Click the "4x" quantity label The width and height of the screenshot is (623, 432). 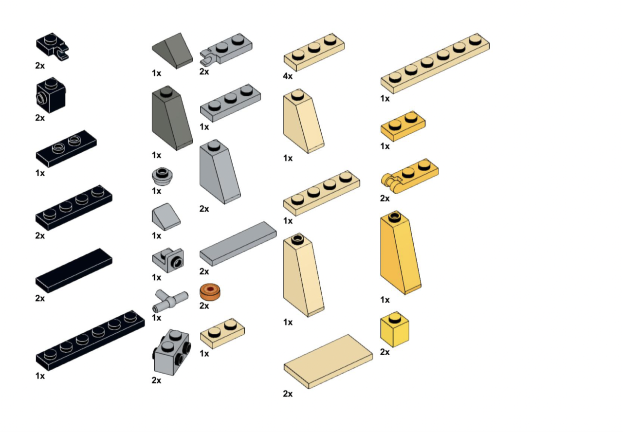pos(288,76)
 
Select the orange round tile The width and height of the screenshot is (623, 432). pos(210,292)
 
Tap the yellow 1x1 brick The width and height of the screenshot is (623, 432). pos(395,329)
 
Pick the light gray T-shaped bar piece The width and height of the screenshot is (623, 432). pos(170,300)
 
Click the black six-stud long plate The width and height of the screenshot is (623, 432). pos(90,341)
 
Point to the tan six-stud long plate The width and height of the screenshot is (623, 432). pos(435,63)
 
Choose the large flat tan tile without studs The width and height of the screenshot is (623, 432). pos(328,361)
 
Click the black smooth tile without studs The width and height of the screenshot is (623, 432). pos(73,271)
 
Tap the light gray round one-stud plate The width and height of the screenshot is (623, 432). pos(162,177)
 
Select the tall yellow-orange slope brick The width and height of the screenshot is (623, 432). pos(401,252)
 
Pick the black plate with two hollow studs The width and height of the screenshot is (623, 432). pos(66,149)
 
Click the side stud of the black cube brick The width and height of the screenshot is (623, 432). pos(40,98)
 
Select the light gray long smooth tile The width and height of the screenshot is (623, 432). pos(238,244)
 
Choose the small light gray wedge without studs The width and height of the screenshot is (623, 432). pos(166,217)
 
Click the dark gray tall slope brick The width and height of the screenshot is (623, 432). pos(172,118)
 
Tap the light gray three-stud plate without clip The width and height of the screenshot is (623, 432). pos(230,103)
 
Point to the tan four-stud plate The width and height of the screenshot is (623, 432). pos(322,193)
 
